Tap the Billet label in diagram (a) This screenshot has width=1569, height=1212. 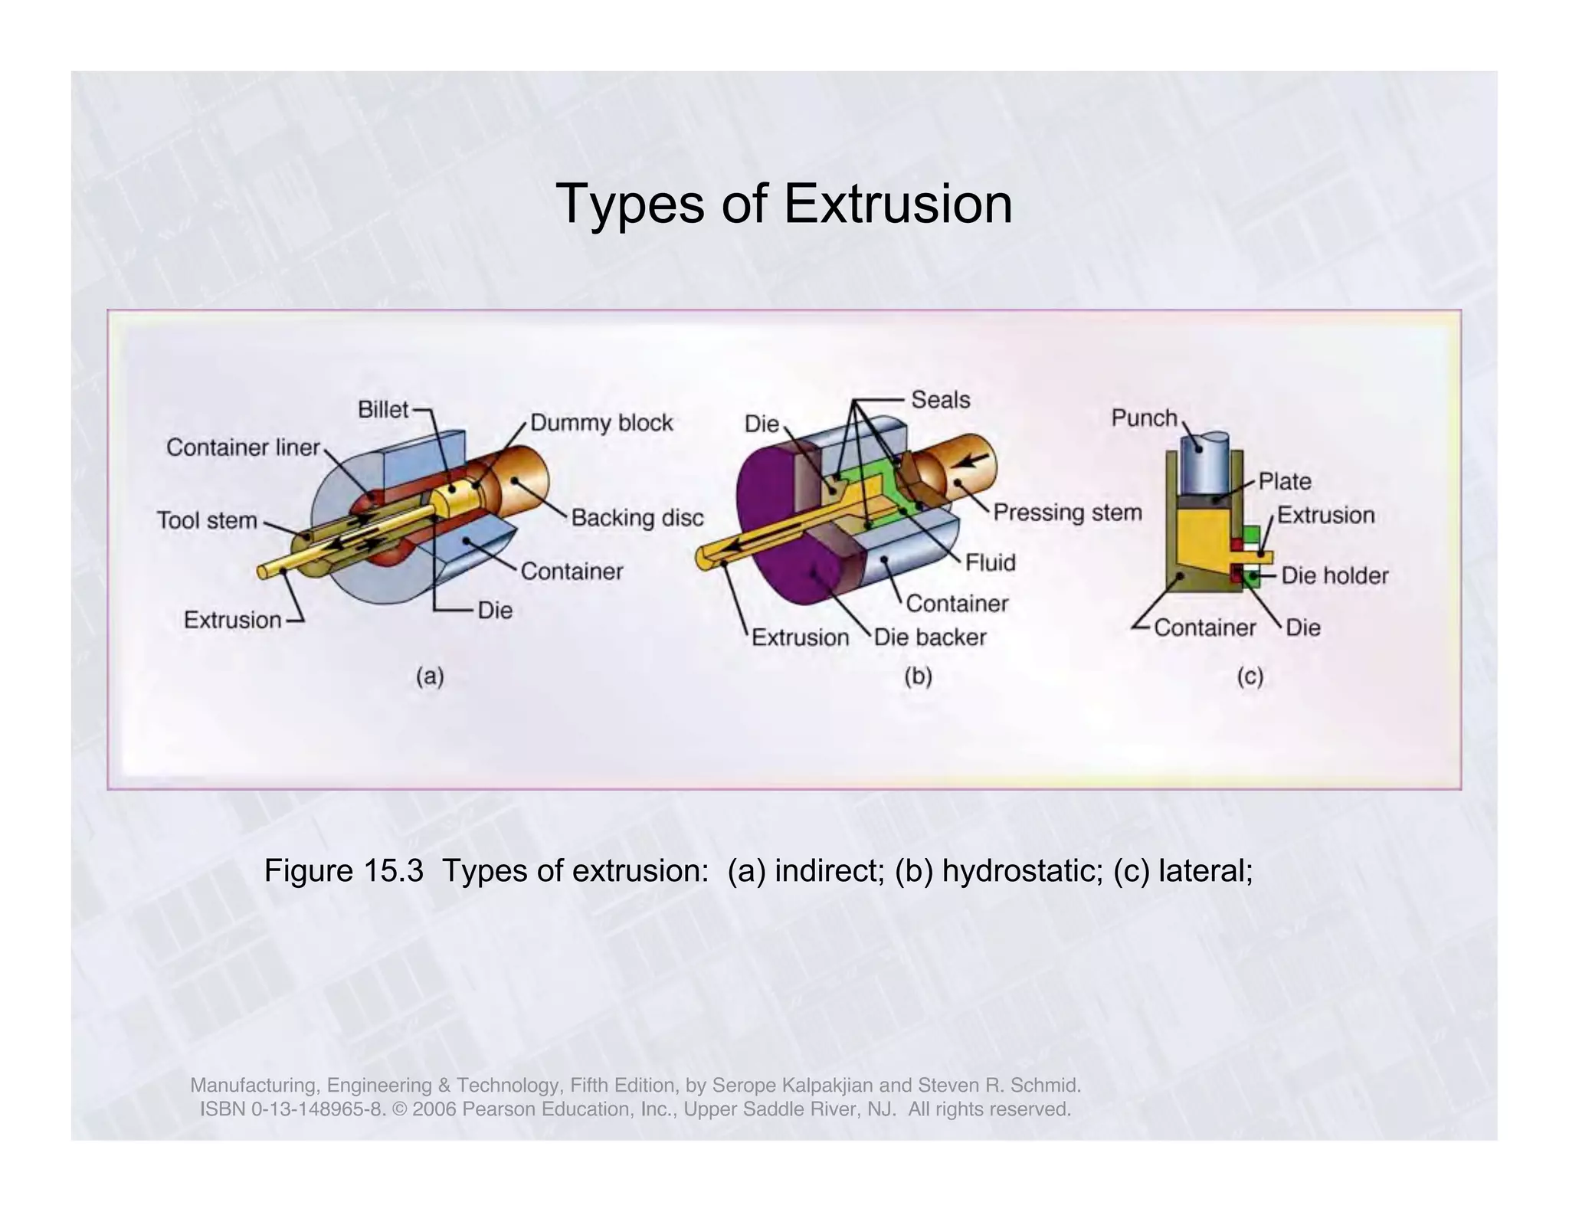click(383, 410)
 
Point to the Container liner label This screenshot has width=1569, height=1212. click(243, 447)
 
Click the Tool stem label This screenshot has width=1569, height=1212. click(207, 521)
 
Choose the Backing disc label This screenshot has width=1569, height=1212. click(637, 519)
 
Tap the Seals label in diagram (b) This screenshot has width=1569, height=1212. click(940, 400)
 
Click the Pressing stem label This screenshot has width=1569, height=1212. click(1067, 513)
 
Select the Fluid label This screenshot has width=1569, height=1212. click(990, 563)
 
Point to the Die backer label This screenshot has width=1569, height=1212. click(930, 637)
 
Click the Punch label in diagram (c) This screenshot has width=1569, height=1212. click(1144, 418)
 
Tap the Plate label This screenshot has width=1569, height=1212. click(1285, 482)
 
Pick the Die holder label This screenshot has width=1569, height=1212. click(1335, 576)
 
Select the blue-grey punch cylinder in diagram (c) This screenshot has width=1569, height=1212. click(1204, 467)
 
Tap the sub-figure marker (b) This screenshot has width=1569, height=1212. click(918, 676)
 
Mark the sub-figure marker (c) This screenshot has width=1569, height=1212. click(1250, 676)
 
